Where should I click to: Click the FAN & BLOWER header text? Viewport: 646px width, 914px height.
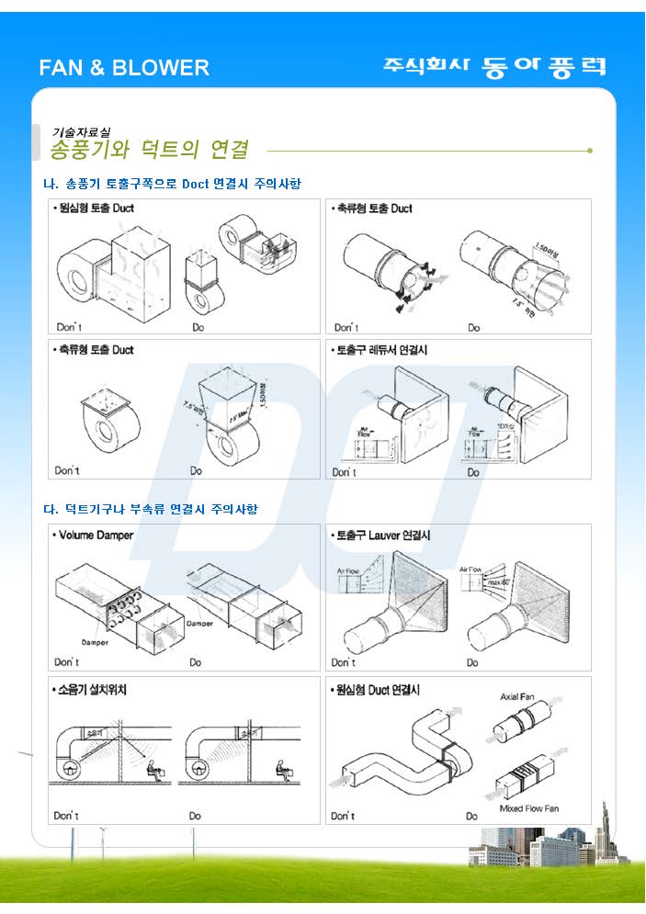[x=124, y=67]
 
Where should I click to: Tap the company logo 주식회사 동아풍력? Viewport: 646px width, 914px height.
[x=494, y=67]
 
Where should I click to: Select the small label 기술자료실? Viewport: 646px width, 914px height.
[x=81, y=131]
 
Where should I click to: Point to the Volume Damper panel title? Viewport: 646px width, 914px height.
[x=94, y=535]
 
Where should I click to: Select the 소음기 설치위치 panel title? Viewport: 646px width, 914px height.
[x=91, y=689]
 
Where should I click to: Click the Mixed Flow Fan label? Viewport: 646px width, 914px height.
[x=528, y=808]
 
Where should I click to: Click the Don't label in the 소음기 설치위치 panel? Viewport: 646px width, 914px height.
[x=66, y=816]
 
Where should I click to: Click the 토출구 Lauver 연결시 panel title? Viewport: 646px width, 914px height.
[x=381, y=535]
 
